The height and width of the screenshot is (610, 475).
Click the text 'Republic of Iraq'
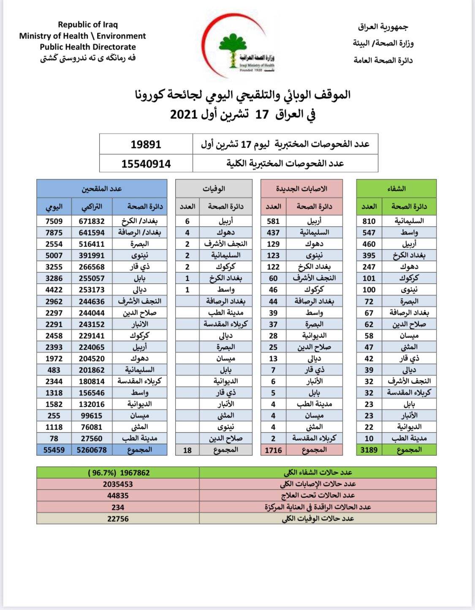[88, 25]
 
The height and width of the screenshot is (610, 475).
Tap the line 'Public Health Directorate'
[88, 47]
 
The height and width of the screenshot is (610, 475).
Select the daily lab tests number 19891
[146, 145]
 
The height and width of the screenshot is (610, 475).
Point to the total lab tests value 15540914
[146, 164]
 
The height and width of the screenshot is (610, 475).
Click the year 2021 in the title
[184, 114]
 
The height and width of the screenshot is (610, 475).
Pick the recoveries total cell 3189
[369, 450]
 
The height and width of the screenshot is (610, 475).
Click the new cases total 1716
[273, 450]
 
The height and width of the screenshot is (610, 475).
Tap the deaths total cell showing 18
[187, 450]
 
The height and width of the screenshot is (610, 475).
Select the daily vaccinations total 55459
[54, 450]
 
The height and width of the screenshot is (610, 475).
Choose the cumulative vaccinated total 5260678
[92, 450]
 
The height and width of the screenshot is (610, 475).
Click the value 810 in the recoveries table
[369, 221]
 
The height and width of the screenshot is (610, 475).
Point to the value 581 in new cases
[273, 221]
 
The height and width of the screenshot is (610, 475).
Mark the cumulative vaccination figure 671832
[92, 221]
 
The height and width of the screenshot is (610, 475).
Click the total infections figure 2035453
[118, 484]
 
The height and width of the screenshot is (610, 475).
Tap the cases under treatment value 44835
[118, 495]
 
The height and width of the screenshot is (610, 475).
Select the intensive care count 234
[118, 507]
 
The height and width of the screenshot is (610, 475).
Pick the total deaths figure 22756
[118, 519]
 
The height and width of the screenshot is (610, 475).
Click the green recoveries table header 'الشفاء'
[396, 189]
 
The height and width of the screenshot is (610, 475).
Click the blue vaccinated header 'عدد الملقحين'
[102, 189]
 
